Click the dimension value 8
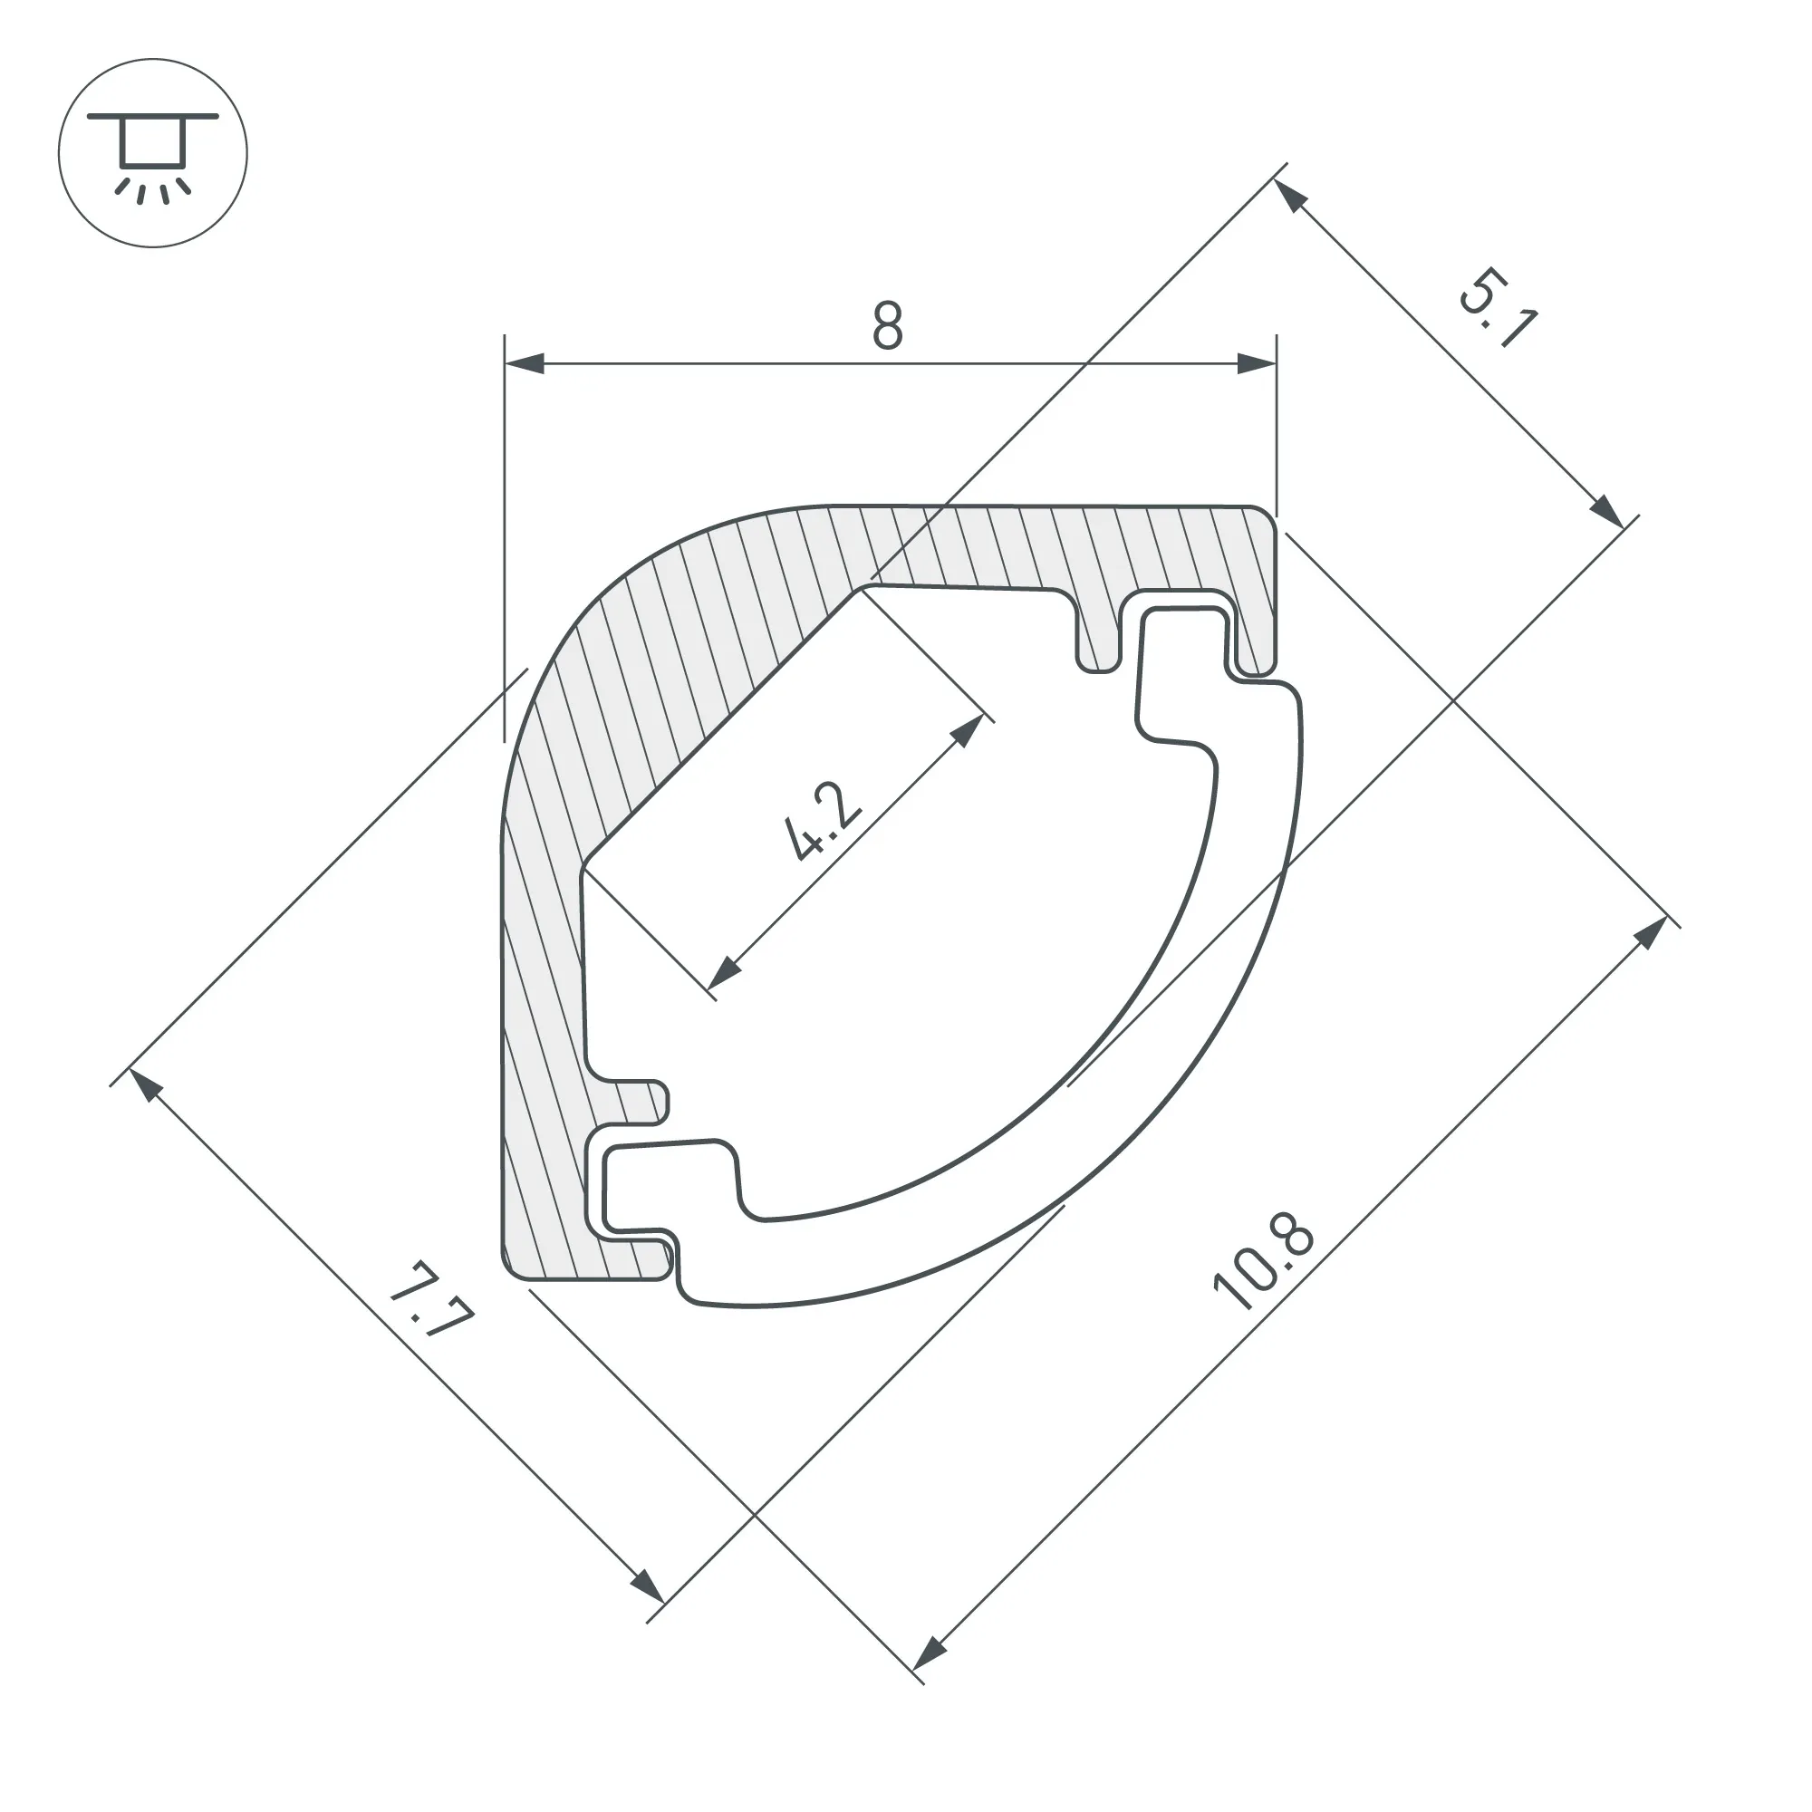886,324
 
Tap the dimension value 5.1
1498,307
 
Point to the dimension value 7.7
430,1300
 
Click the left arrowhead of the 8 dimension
525,363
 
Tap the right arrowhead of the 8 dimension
1257,363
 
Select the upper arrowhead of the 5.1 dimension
1290,196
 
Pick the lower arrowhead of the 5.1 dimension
1605,511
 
